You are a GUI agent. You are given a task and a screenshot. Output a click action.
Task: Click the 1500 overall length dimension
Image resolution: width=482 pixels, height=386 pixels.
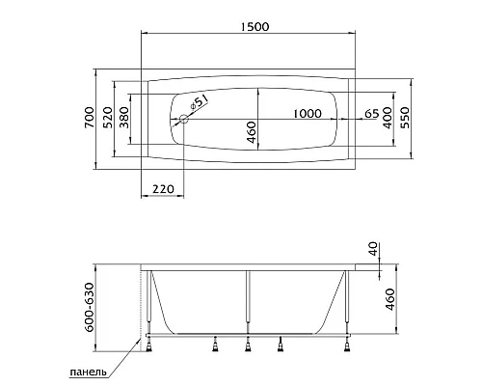254,27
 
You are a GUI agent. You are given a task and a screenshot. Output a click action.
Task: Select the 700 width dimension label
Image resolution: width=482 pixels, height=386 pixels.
90,118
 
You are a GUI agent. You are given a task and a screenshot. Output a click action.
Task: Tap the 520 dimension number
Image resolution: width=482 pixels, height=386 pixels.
108,118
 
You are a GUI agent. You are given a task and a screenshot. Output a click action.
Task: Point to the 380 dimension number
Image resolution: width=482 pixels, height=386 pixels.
124,118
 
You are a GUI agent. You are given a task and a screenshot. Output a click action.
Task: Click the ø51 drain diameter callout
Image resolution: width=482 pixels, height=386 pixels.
199,102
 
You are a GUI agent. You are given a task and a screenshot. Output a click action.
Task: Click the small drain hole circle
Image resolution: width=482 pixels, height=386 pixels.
184,119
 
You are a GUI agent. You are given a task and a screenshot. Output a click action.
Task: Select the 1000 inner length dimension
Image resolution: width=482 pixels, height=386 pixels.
308,113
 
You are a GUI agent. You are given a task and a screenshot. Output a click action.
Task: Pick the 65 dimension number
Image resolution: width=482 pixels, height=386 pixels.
372,113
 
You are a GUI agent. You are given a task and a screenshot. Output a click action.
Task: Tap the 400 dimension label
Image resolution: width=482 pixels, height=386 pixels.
388,118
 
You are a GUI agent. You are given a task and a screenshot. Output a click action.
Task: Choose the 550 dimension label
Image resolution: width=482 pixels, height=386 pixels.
406,118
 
